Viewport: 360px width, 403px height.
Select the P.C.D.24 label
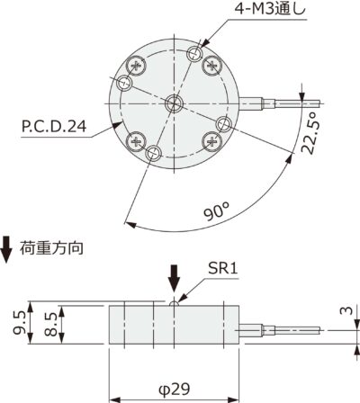point(53,129)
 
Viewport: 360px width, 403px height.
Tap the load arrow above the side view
point(175,282)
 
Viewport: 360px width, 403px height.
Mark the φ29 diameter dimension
point(174,390)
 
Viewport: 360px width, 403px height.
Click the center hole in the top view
point(174,101)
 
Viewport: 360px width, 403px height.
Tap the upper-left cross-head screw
point(137,65)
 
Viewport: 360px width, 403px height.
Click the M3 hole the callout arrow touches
point(193,55)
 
